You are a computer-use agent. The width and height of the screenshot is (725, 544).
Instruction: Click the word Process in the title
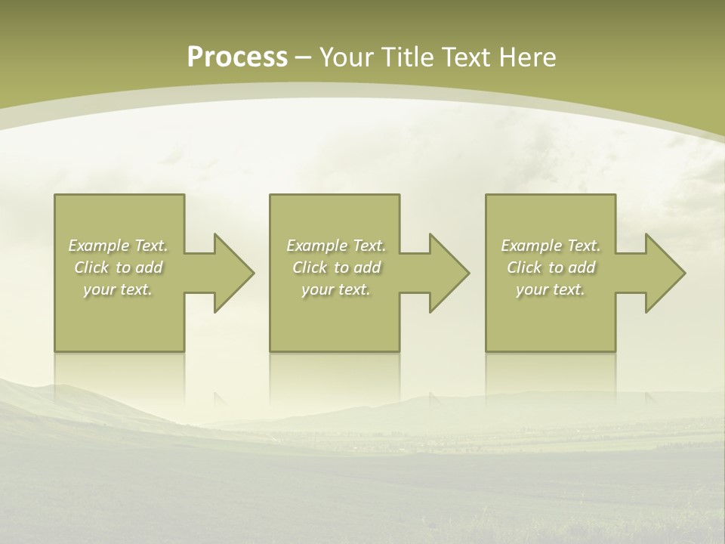click(x=237, y=57)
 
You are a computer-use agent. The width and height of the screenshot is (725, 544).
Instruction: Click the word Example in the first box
click(x=99, y=246)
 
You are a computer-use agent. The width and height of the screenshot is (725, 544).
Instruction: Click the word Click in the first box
click(x=91, y=267)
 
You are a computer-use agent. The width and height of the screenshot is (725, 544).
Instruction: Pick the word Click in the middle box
click(x=310, y=267)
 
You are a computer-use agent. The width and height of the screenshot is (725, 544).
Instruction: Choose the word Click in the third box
click(x=524, y=267)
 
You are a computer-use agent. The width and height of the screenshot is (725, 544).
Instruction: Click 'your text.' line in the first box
click(x=118, y=289)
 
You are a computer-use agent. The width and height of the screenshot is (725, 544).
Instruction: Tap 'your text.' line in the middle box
click(x=336, y=289)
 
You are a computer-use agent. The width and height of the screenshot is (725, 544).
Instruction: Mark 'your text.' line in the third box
click(x=551, y=289)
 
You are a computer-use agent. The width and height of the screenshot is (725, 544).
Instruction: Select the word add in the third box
click(x=582, y=267)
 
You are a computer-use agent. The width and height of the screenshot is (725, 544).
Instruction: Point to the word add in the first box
click(x=149, y=267)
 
